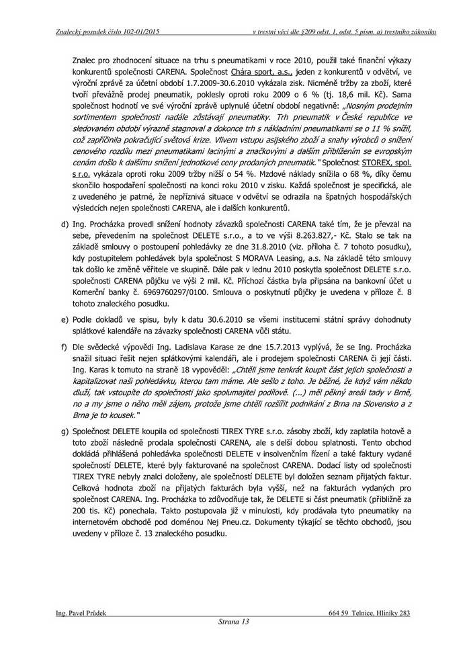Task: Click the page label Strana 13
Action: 234,622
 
